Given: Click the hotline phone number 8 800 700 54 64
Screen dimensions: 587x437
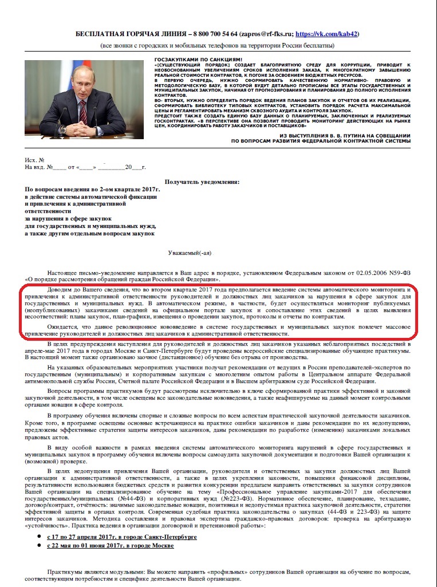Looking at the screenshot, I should point(218,34).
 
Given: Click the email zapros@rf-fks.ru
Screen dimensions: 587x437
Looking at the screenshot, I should point(266,34).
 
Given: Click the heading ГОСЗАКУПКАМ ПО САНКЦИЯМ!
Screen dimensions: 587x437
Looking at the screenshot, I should point(198,60).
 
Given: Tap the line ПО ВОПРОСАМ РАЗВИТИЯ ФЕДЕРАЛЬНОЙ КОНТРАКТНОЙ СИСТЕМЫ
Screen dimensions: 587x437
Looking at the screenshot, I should point(321,141).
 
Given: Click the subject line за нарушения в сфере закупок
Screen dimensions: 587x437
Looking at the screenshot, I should point(68,218).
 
